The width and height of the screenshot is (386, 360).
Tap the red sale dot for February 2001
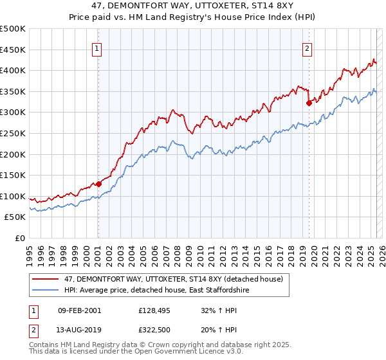98,184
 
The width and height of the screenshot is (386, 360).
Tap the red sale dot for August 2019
309,102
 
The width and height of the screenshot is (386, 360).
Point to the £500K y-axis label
12,29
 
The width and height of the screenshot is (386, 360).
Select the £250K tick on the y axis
12,133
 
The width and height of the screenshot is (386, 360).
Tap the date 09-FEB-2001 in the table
79,310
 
